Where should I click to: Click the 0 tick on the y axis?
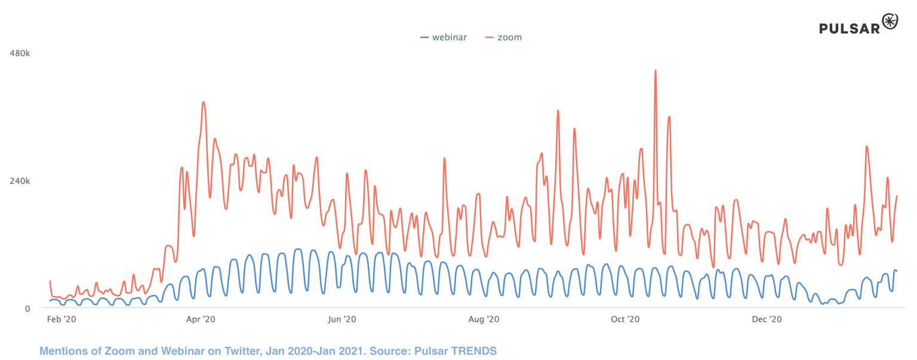tap(27, 308)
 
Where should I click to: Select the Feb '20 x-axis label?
tap(61, 320)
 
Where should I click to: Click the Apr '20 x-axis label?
tap(201, 320)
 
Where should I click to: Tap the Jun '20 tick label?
tap(342, 320)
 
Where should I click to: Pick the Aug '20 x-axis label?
tap(484, 320)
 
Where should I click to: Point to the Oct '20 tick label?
tap(626, 320)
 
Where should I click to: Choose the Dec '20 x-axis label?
tap(767, 320)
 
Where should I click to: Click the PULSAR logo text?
tap(850, 28)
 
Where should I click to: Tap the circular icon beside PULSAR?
tap(890, 21)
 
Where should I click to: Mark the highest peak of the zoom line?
tap(656, 70)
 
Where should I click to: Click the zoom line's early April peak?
tap(204, 103)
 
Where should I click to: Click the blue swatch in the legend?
tap(424, 37)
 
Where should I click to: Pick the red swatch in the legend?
tap(490, 37)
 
